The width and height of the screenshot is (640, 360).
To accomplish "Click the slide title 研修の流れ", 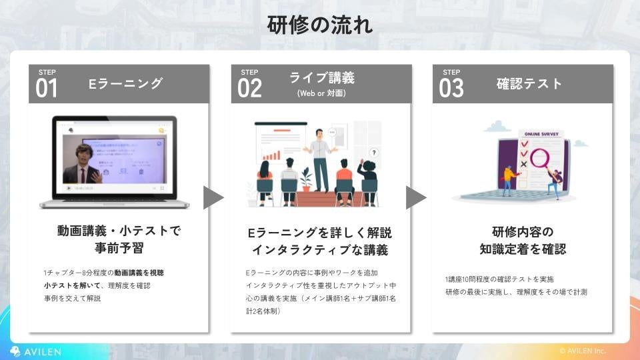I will click(x=320, y=25).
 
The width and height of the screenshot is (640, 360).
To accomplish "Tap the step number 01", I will click(x=47, y=88).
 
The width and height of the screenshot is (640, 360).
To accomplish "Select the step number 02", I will click(x=249, y=88).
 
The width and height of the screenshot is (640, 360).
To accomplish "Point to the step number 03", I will click(x=451, y=88).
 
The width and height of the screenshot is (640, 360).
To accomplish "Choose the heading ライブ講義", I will click(x=321, y=77).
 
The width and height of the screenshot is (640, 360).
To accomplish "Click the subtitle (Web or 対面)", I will click(x=321, y=93).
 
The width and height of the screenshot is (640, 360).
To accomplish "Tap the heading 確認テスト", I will click(x=529, y=83).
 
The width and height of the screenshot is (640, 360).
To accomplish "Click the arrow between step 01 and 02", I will click(x=213, y=198).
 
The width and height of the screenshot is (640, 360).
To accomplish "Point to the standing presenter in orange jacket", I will click(x=321, y=157).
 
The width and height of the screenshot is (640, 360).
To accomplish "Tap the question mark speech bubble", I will click(x=374, y=153).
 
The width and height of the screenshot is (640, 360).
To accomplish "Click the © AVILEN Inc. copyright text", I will click(x=582, y=351).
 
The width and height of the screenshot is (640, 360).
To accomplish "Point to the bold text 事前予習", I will click(x=119, y=249).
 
